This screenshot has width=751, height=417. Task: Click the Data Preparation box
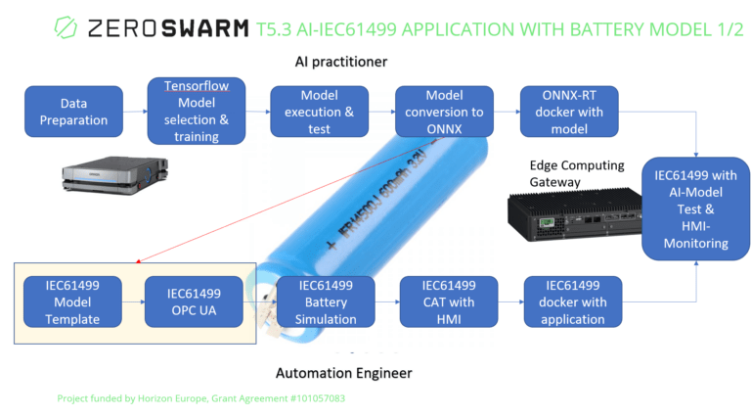(73, 111)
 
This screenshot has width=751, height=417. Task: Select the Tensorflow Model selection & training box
(197, 111)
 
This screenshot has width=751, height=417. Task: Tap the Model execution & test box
(320, 111)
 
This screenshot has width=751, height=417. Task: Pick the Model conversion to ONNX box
(444, 111)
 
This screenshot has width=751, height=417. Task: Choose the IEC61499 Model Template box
(72, 301)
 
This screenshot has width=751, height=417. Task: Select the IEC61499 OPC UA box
(194, 301)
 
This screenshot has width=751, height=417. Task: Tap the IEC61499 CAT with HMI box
(449, 301)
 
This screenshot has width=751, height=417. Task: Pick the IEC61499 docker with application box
(573, 301)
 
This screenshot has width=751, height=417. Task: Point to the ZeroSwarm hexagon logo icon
(66, 26)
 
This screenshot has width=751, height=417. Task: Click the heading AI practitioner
(341, 62)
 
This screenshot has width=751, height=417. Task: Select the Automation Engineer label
(343, 372)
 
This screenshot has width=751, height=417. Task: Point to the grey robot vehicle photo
(109, 175)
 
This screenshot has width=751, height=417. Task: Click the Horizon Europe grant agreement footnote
(200, 399)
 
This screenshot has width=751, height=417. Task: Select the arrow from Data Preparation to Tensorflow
(135, 111)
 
